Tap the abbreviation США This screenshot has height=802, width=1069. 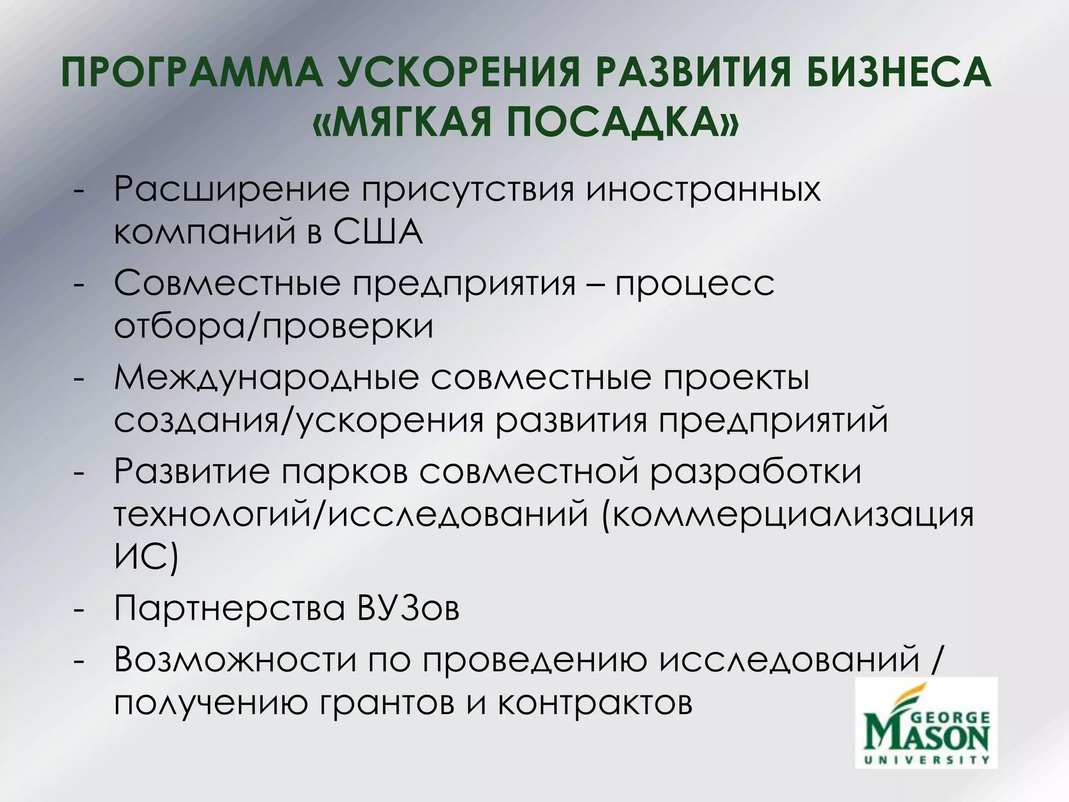(x=378, y=232)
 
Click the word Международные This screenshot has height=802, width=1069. (x=266, y=378)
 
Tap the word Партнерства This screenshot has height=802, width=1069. (x=230, y=608)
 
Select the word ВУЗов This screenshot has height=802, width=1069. (x=409, y=608)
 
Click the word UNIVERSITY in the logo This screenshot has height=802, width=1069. (x=926, y=760)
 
